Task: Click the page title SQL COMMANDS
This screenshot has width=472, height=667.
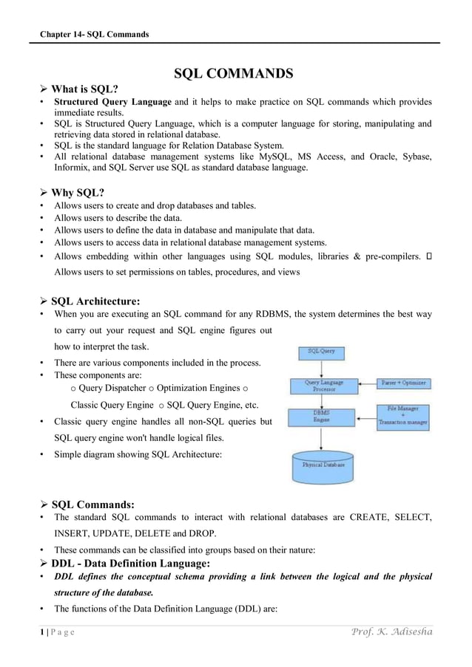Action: (x=233, y=74)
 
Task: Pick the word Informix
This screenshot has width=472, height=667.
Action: (x=72, y=168)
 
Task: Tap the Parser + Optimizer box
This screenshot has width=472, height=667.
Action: (x=403, y=383)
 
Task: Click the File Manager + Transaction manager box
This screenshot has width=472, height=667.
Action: (x=403, y=415)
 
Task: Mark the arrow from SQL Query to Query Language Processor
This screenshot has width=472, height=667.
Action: (x=320, y=367)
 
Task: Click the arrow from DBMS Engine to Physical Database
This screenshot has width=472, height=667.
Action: (x=321, y=438)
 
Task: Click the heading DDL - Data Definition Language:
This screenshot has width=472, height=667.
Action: (x=130, y=564)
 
